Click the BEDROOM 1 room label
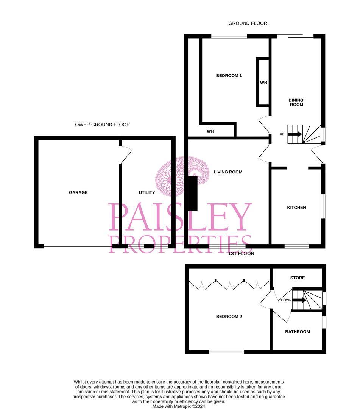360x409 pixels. coord(229,76)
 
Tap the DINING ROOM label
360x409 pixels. coord(296,102)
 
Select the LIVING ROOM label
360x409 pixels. coord(228,172)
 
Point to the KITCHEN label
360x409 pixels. coord(296,208)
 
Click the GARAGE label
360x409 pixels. coord(78,192)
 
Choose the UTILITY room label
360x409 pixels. coord(147,192)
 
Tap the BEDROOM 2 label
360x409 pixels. coord(229,317)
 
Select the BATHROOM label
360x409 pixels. coord(298,331)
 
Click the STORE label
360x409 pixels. coord(298,278)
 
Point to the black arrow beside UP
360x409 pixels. coord(295,134)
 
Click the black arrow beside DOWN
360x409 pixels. coord(299,300)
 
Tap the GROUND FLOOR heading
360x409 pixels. coord(248,23)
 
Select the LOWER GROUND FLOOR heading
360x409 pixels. coord(101,125)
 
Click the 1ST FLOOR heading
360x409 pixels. coord(241,253)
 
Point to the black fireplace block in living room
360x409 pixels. coord(193,194)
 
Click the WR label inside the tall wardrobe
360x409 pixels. coord(263,82)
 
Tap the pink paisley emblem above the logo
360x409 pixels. coord(182,176)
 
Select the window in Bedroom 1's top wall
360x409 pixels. coord(229,36)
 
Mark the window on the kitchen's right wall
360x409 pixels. coord(323,206)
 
